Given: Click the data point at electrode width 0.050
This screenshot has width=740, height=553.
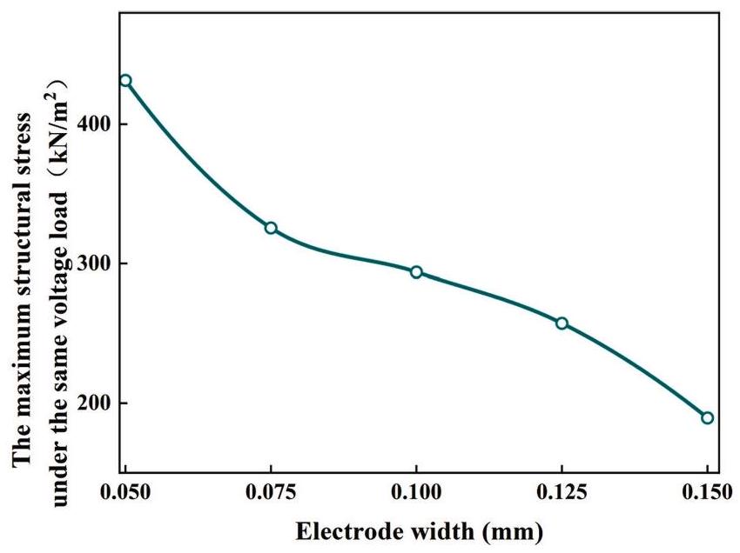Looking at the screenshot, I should pos(125,81).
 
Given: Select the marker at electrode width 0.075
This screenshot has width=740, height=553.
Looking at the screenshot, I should pos(271,228).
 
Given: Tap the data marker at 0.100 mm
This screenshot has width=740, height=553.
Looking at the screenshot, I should pos(416,272).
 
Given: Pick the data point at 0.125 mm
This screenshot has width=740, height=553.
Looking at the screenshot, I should pos(562,323).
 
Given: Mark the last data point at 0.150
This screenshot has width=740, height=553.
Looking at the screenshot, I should pos(707,417).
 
